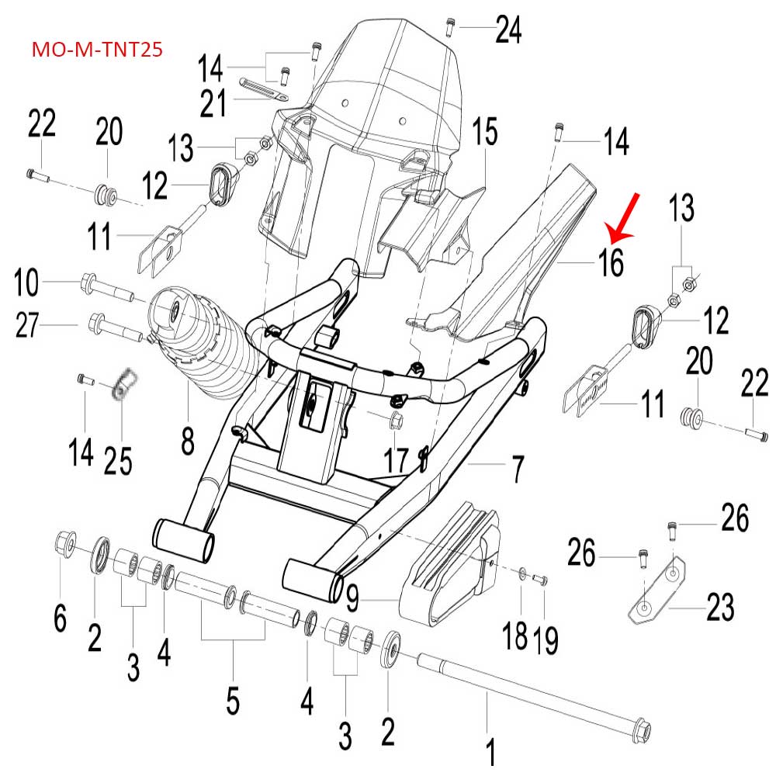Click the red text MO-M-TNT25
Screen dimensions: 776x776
tap(97, 50)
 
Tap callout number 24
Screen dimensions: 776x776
tap(508, 29)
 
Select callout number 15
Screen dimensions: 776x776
tap(484, 132)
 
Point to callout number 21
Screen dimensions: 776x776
tap(213, 103)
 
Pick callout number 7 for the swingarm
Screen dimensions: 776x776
tap(518, 469)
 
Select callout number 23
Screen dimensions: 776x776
tap(720, 607)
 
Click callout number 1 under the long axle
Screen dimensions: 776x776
tap(490, 752)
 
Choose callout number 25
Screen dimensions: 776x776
tap(118, 461)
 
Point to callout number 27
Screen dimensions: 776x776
tap(27, 325)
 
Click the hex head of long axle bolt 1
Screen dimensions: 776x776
tap(643, 729)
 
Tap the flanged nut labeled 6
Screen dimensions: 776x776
tap(65, 543)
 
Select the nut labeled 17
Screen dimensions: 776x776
tap(397, 421)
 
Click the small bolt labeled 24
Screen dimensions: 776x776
tap(450, 26)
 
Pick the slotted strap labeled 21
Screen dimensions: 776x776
tap(263, 88)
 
